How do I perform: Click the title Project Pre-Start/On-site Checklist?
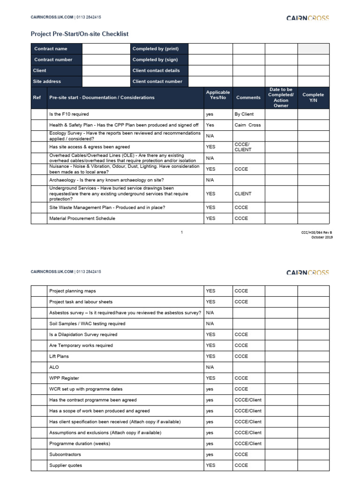point(79,34)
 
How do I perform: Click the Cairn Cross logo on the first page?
point(307,18)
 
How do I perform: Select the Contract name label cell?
point(51,49)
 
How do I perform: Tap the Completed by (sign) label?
point(155,60)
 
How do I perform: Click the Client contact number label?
point(157,81)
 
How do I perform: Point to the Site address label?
point(47,81)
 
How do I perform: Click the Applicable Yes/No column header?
point(218,95)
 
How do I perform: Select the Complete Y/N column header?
point(313,97)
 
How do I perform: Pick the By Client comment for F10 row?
point(244,114)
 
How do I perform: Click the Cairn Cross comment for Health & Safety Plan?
point(247,125)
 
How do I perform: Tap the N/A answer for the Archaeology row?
point(210,180)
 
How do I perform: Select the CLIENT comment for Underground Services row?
point(243,194)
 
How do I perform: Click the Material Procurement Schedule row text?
point(82,218)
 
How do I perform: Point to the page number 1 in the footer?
point(181,232)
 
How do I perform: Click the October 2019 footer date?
point(322,237)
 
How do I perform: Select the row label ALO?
point(54,367)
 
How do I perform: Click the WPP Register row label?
point(64,378)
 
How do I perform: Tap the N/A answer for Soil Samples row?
point(210,323)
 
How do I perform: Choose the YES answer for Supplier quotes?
point(210,465)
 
